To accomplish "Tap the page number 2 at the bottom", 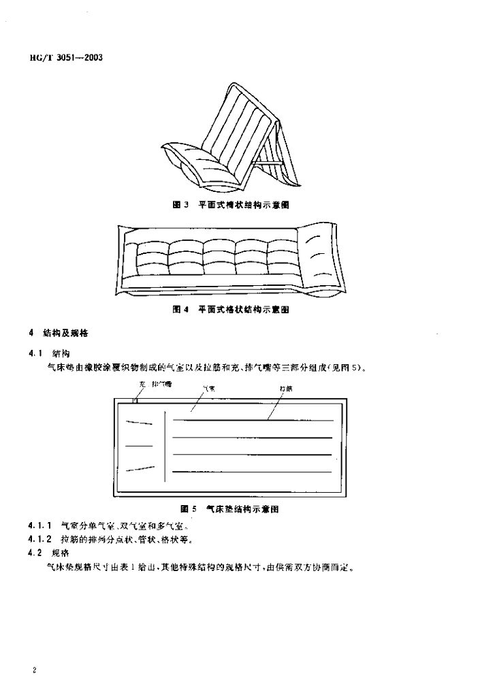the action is pos(33,670).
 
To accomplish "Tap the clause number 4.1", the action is pos(36,353).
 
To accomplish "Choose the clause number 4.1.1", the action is pos(40,526).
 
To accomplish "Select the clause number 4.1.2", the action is pos(40,540).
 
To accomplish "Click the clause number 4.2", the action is pos(36,553).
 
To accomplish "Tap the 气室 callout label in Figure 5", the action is pos(208,388).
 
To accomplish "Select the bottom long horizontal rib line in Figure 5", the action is pos(252,472).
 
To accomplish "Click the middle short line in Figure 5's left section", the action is pos(139,446).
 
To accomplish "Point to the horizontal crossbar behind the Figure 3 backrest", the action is pos(268,163).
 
